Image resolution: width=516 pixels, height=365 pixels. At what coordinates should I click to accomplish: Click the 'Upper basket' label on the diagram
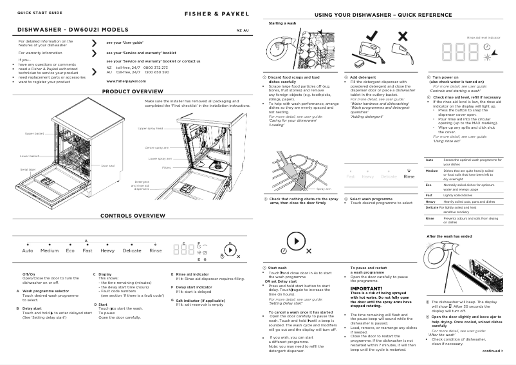click(34, 133)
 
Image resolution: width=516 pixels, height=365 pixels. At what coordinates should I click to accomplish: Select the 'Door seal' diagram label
click(107, 166)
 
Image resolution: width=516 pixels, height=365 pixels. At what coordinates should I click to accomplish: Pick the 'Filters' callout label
click(166, 167)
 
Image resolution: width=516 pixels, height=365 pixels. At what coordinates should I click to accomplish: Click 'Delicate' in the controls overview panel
click(132, 250)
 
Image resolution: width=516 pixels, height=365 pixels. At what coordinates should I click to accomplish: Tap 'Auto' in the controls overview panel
click(28, 250)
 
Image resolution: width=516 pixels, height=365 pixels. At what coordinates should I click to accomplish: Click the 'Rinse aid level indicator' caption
click(483, 39)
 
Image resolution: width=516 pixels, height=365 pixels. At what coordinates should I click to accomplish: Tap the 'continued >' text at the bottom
click(492, 351)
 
